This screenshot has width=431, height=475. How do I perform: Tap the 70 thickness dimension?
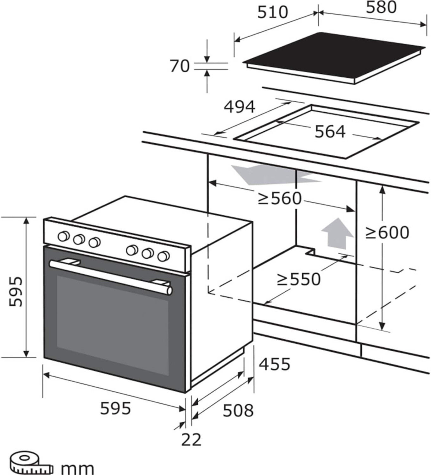[180, 66]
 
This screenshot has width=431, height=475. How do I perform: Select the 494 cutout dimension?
[239, 107]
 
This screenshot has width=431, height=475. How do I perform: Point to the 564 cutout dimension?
[330, 131]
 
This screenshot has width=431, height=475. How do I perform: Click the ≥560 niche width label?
[280, 199]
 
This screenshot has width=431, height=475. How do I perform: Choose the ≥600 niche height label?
[387, 233]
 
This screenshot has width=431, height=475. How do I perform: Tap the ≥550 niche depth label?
[299, 279]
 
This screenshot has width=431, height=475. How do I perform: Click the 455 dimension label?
[274, 364]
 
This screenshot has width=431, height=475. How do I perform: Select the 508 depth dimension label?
[238, 411]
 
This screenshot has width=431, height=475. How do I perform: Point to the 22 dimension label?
[191, 440]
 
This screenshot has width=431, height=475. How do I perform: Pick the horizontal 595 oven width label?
[115, 408]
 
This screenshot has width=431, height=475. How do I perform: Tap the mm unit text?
[77, 468]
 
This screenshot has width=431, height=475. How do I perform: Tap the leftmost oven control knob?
[63, 236]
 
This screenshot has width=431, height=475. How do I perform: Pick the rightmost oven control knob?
[163, 256]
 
